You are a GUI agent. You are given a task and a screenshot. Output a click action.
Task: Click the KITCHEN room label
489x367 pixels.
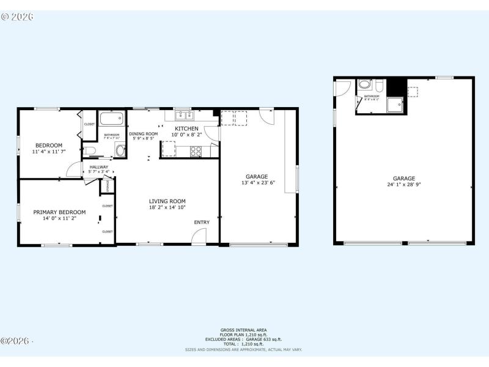tap(186, 128)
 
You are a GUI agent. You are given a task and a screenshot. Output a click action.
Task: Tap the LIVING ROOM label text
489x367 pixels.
tap(167, 201)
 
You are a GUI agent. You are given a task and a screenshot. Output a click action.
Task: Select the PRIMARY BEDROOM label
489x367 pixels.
tap(59, 212)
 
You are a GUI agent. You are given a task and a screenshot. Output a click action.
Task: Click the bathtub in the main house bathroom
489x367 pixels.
tap(111, 119)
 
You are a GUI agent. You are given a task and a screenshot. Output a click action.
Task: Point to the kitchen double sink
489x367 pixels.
tap(183, 114)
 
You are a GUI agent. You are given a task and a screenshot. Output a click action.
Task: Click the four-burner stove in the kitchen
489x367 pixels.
tap(196, 150)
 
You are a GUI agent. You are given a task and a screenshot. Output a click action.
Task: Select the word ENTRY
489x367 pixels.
tap(202, 222)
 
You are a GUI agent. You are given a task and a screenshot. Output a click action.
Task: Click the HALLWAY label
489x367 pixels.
tap(99, 167)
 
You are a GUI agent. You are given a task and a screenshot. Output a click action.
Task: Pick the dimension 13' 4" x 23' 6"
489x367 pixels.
tap(259, 182)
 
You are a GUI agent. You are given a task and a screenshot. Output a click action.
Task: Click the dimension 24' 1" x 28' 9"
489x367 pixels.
tap(404, 184)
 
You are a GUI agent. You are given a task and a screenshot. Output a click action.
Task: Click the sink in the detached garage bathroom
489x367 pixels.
tap(365, 85)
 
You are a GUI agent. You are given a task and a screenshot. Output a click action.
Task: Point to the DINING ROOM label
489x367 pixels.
tap(144, 134)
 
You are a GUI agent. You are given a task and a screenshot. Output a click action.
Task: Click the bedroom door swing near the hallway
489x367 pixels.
tap(75, 170)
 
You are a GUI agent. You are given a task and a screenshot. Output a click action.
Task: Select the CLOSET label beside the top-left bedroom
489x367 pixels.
tap(89, 124)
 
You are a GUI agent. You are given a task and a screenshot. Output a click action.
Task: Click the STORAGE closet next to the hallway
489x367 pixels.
tap(108, 185)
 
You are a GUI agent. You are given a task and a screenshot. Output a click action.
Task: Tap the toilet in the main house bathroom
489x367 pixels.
tap(89, 150)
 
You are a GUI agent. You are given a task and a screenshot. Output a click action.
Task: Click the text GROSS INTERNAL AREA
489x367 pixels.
tap(243, 330)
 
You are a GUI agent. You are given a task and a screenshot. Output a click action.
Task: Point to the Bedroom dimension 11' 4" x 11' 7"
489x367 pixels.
tap(47, 152)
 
